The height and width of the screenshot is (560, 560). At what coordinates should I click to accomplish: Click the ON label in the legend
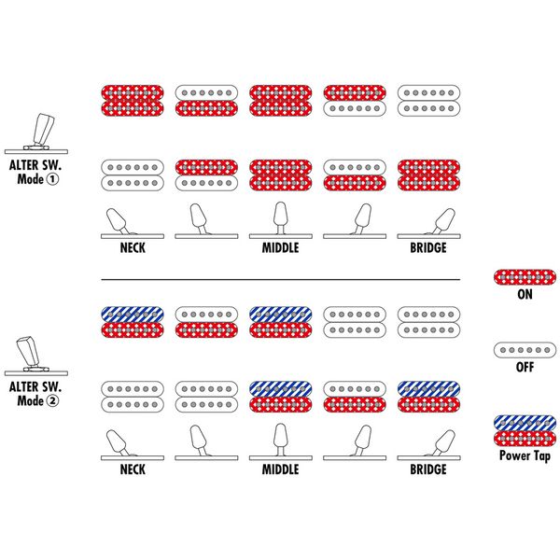[x=525, y=294]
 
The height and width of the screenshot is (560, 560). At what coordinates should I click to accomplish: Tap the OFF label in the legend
[x=525, y=367]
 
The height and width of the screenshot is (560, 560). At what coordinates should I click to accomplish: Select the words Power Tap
[x=525, y=455]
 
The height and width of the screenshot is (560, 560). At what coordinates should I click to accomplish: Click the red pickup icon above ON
[x=525, y=277]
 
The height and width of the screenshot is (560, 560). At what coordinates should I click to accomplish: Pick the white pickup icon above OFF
[x=525, y=350]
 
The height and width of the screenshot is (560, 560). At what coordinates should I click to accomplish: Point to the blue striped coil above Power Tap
[x=525, y=423]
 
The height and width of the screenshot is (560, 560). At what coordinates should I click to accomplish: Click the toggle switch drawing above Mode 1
[x=36, y=133]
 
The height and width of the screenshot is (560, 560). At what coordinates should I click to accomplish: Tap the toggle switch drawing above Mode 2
[x=36, y=356]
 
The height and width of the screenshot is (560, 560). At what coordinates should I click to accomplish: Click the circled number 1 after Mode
[x=52, y=179]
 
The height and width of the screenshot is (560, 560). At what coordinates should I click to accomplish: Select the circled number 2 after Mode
[x=52, y=400]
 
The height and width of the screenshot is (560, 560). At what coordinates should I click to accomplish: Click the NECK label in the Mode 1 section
[x=133, y=247]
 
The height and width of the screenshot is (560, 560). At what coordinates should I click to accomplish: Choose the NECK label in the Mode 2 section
[x=133, y=469]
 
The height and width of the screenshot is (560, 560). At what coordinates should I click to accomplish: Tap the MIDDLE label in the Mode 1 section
[x=280, y=247]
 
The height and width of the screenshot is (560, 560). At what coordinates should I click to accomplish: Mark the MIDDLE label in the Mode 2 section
[x=280, y=469]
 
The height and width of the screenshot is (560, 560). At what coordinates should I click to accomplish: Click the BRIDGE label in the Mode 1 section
[x=428, y=247]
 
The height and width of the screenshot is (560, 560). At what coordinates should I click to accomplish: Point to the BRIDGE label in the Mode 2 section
[x=428, y=469]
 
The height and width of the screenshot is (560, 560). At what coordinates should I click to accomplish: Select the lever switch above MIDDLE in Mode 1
[x=281, y=220]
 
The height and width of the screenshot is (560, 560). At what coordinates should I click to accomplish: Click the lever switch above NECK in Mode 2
[x=133, y=444]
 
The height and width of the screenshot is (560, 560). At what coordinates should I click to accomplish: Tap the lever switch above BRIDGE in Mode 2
[x=428, y=444]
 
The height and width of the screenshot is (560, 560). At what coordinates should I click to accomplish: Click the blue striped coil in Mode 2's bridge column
[x=428, y=389]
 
